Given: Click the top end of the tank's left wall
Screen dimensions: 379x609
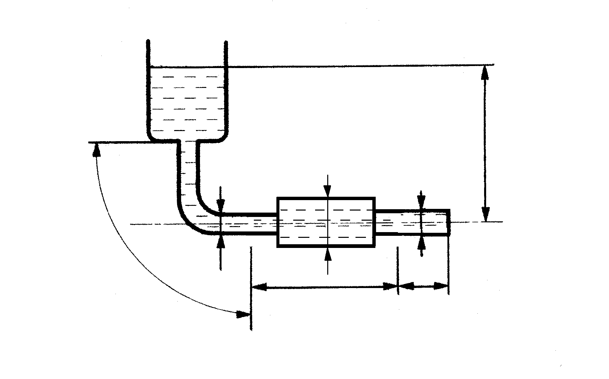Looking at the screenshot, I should pos(148,41).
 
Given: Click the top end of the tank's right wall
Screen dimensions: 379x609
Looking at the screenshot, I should pos(226,43).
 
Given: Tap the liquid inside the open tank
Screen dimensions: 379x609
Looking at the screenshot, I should pos(187,101).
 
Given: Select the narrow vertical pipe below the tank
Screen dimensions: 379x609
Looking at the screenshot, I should pos(189,168).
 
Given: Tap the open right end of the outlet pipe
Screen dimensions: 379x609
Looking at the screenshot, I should pos(448,222).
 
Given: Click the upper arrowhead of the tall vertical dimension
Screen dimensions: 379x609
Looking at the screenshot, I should pos(485,72).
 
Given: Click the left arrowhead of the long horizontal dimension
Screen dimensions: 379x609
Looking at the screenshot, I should pos(259,287).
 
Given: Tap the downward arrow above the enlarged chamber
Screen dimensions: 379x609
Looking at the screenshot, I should pos(328,191).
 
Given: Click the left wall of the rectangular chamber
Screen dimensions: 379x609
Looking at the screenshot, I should pos(278,222).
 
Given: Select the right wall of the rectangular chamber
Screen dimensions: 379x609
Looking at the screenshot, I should pos(374,222).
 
